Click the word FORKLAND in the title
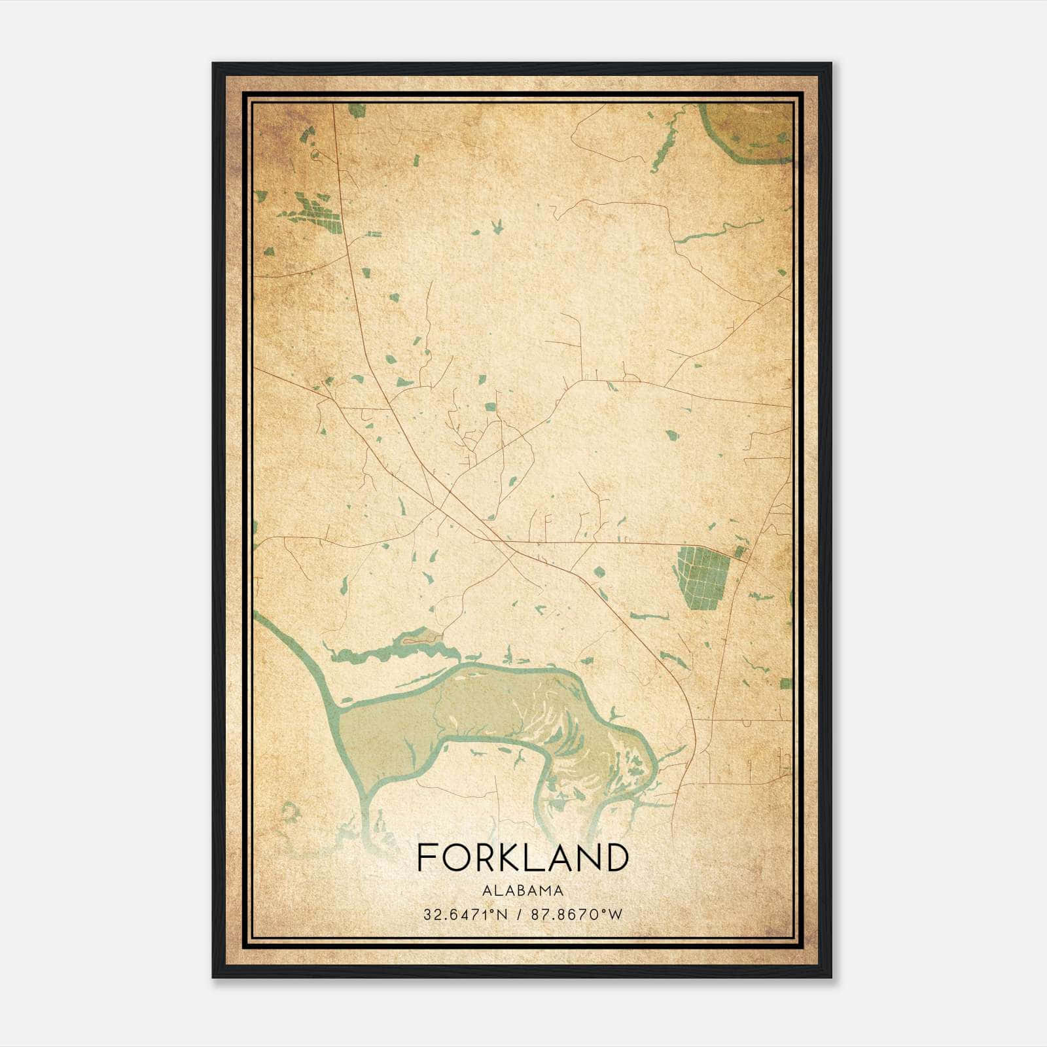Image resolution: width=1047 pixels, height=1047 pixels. click(522, 857)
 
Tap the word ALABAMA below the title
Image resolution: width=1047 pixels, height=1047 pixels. click(522, 890)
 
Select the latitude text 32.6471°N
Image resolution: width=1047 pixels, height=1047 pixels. click(465, 914)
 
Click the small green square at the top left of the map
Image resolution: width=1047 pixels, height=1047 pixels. click(357, 110)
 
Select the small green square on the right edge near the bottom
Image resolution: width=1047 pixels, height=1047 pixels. click(785, 684)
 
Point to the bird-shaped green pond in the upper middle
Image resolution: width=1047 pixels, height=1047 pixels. click(497, 227)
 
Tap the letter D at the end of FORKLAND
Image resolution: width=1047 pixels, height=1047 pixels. click(616, 857)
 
